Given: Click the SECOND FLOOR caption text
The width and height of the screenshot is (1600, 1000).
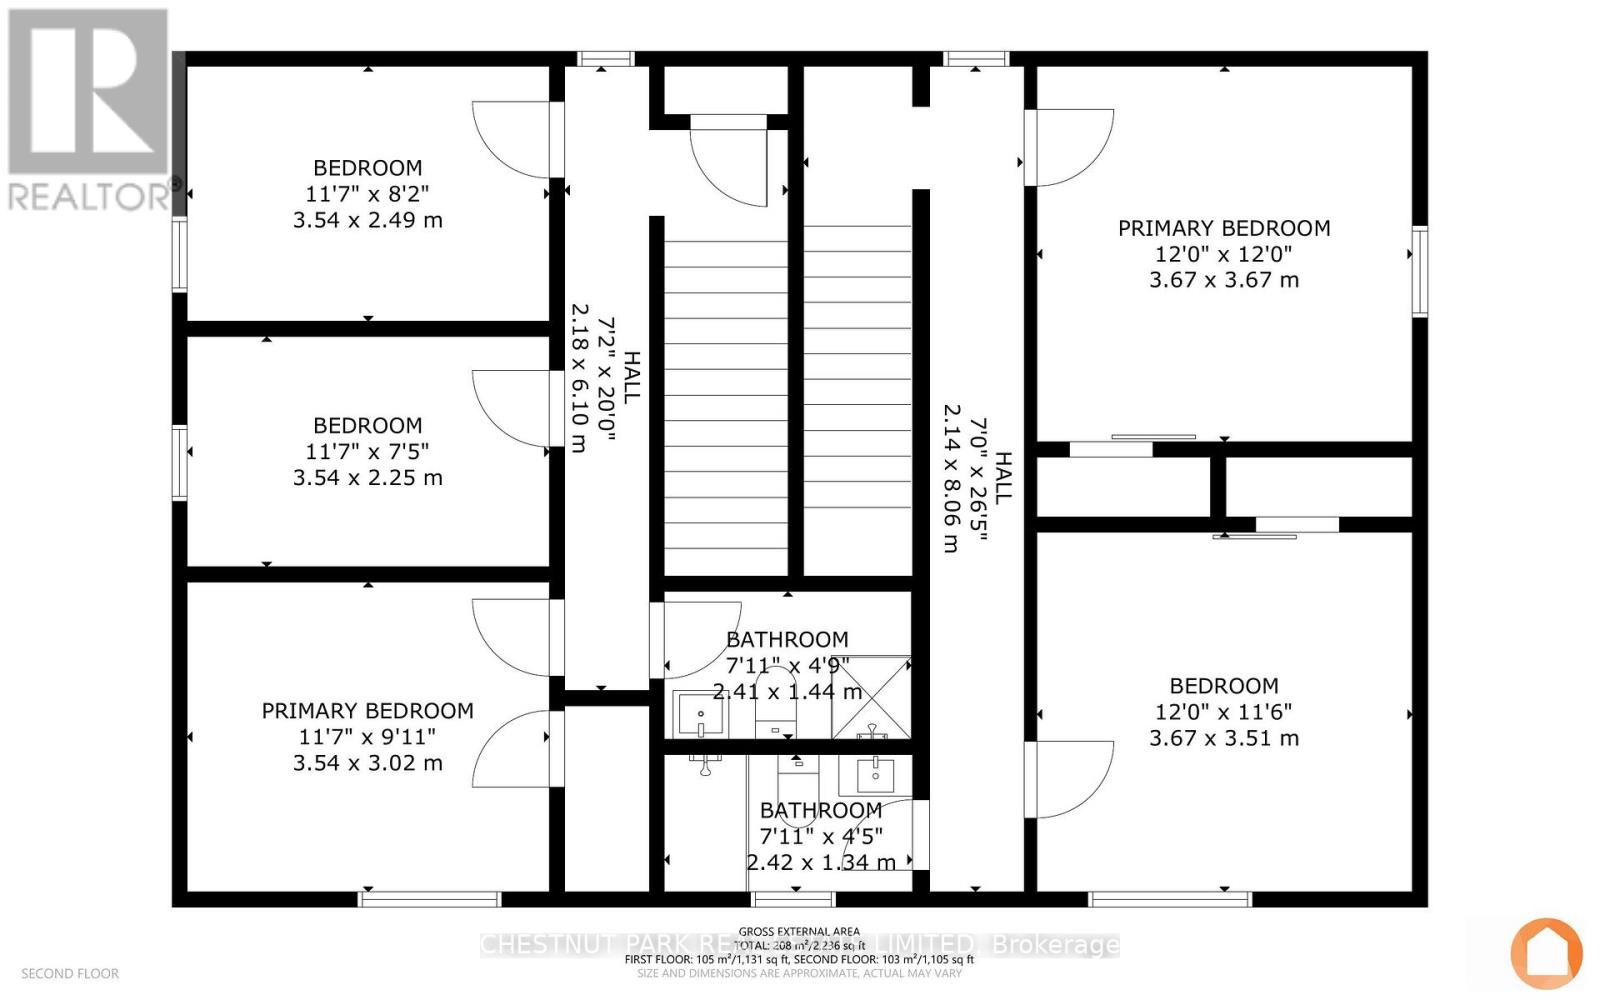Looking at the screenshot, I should coord(70,973).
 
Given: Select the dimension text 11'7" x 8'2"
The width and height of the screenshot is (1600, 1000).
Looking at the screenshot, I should coord(367,194).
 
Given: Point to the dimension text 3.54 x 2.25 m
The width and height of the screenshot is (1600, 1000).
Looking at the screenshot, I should coord(367,478).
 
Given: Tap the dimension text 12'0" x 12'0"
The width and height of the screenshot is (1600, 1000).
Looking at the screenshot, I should coord(1223,254).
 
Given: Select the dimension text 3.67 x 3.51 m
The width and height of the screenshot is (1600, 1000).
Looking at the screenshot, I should coord(1223,738).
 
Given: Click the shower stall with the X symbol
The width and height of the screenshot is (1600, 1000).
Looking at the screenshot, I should coord(871,696).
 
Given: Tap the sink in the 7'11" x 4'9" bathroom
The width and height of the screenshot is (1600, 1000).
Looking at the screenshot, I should coord(700,713).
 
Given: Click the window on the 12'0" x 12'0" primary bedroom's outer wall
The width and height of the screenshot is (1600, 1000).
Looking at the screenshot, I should coord(1419,272).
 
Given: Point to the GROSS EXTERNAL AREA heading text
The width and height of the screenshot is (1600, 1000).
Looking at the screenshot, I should coord(799,931).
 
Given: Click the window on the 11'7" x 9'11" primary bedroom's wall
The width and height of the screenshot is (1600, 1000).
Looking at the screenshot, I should coord(430,899).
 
